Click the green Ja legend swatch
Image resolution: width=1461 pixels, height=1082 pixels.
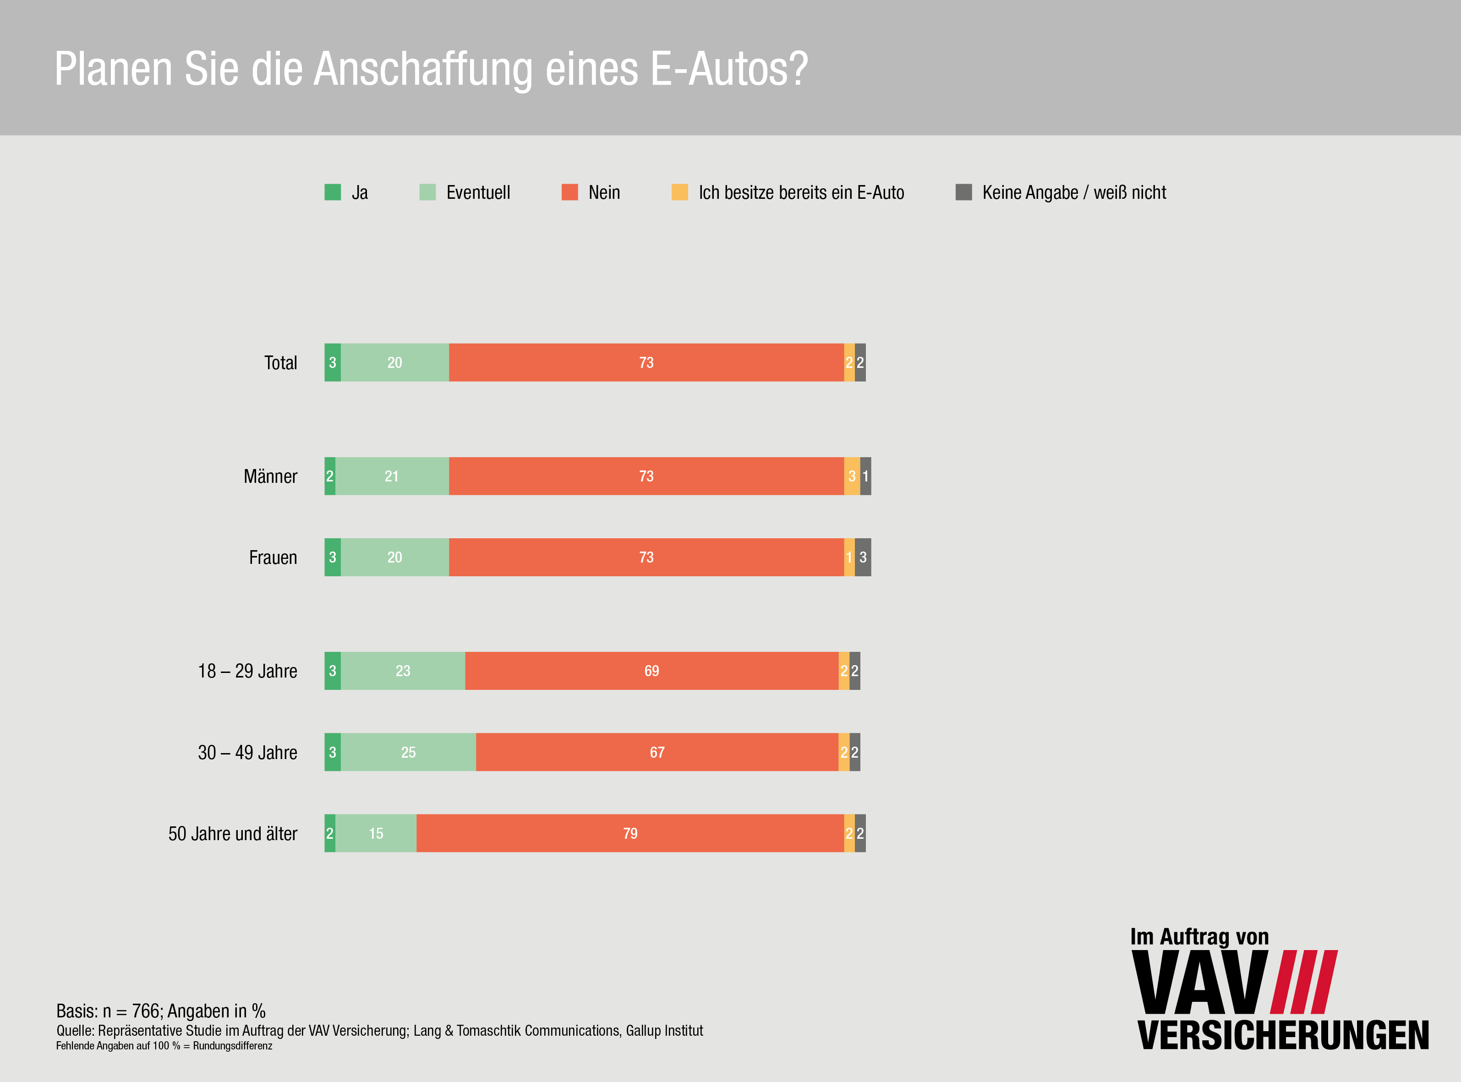[333, 192]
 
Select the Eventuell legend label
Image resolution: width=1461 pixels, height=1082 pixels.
[478, 192]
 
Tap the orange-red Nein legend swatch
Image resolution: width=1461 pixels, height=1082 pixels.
[570, 192]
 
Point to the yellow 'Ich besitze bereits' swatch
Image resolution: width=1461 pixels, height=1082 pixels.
[680, 192]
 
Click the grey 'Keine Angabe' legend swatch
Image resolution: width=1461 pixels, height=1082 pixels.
[963, 192]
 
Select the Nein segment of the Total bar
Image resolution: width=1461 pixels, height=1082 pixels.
[646, 362]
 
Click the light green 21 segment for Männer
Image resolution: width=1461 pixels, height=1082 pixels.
[392, 476]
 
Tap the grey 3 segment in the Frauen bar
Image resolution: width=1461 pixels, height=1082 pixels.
[863, 557]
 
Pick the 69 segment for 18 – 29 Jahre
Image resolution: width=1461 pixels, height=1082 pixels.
[651, 671]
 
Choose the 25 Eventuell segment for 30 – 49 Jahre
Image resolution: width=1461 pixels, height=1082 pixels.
[408, 752]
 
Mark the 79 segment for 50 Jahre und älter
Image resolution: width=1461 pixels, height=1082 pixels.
[630, 833]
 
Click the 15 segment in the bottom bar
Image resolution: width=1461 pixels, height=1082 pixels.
[376, 833]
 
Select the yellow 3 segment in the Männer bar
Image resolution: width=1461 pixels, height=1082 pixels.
[852, 476]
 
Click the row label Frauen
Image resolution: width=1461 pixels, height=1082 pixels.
[273, 557]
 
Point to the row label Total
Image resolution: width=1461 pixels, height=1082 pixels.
[280, 363]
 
